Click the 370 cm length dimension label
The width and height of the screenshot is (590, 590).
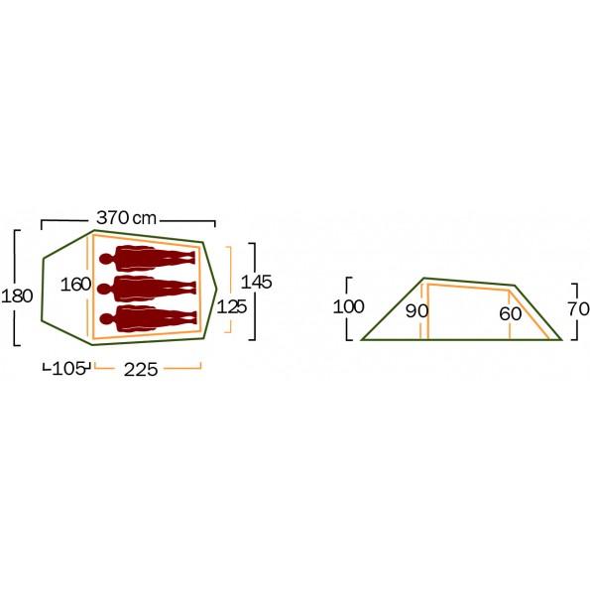(x=127, y=218)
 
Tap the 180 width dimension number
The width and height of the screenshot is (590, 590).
(x=17, y=296)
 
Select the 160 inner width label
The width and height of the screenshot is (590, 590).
(x=75, y=285)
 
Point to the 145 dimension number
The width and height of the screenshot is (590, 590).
(x=256, y=282)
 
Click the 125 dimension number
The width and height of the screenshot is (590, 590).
(x=232, y=307)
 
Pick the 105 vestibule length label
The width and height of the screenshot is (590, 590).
(x=68, y=369)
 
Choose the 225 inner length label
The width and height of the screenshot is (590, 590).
(x=141, y=370)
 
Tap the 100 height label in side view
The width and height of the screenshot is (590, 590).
(x=348, y=306)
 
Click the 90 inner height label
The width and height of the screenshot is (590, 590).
(x=416, y=311)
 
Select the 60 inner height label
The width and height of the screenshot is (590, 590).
(x=511, y=313)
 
